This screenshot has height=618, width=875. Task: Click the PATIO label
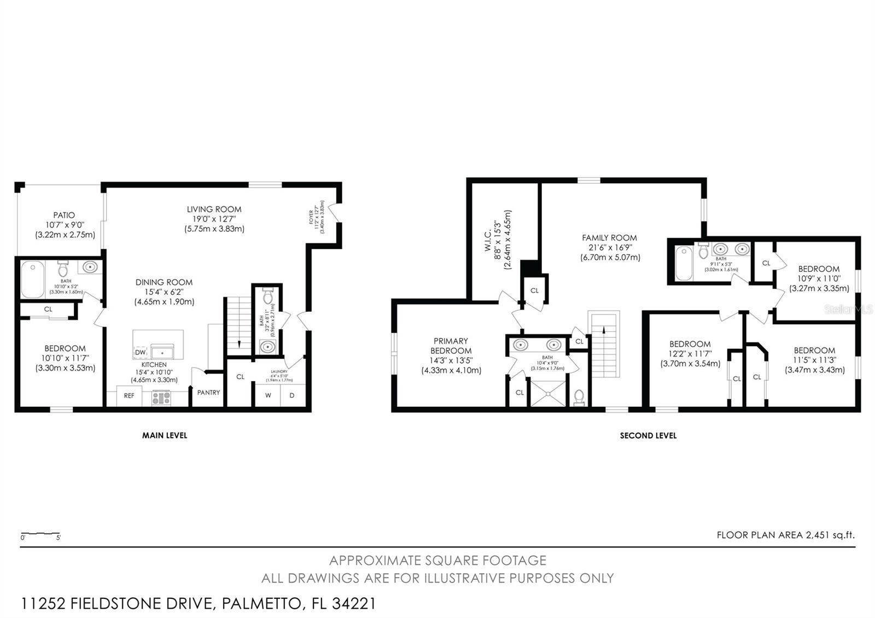click(x=64, y=215)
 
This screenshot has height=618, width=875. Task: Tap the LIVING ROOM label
click(x=214, y=209)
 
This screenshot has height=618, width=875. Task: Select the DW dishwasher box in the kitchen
click(x=141, y=352)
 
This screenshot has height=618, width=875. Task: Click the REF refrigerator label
click(x=129, y=395)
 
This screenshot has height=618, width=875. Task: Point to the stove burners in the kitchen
click(x=161, y=398)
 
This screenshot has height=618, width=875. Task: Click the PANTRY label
click(x=208, y=392)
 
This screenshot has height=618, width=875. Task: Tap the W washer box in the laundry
click(x=268, y=395)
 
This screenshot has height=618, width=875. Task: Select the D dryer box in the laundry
click(x=292, y=395)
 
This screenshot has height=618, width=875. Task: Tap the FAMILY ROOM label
click(x=609, y=237)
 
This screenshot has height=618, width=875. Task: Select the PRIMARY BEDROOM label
click(x=451, y=346)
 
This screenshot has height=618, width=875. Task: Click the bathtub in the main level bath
click(x=33, y=279)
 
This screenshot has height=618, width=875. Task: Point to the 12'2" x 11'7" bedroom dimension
click(x=690, y=354)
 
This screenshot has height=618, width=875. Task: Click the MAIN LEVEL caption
click(x=165, y=435)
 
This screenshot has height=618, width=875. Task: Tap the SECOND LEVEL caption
click(x=648, y=436)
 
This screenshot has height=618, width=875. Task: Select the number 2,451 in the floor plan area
click(x=819, y=535)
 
